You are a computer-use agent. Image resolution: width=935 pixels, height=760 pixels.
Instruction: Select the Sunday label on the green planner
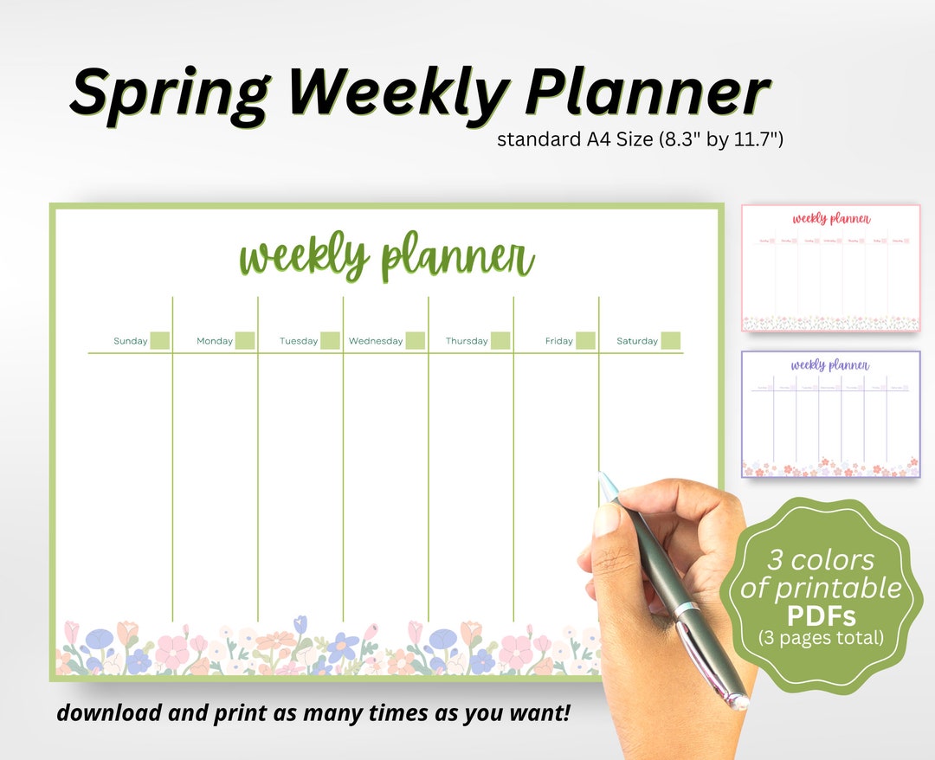click(x=131, y=341)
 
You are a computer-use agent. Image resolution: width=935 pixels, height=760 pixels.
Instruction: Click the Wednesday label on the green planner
click(x=376, y=341)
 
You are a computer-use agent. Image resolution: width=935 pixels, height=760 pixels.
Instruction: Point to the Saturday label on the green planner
click(x=637, y=341)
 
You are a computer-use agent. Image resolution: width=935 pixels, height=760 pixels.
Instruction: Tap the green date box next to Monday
click(x=245, y=340)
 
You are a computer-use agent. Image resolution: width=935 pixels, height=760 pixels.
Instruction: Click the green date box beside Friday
click(x=586, y=340)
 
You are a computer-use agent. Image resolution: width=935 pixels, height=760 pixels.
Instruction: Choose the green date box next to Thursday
click(x=500, y=340)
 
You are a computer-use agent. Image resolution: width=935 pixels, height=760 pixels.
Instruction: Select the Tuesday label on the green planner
click(x=299, y=341)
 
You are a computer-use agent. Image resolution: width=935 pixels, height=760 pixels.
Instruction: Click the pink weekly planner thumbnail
click(x=830, y=267)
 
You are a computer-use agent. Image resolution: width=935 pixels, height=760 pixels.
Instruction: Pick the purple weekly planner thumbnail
click(x=830, y=414)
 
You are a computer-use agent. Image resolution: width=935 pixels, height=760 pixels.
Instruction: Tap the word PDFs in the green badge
click(x=821, y=616)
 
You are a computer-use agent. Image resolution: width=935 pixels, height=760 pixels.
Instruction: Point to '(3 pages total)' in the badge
click(x=821, y=639)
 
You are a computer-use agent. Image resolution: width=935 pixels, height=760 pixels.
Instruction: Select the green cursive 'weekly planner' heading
click(x=387, y=257)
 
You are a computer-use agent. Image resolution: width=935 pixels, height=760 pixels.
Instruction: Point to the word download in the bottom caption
click(x=109, y=713)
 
